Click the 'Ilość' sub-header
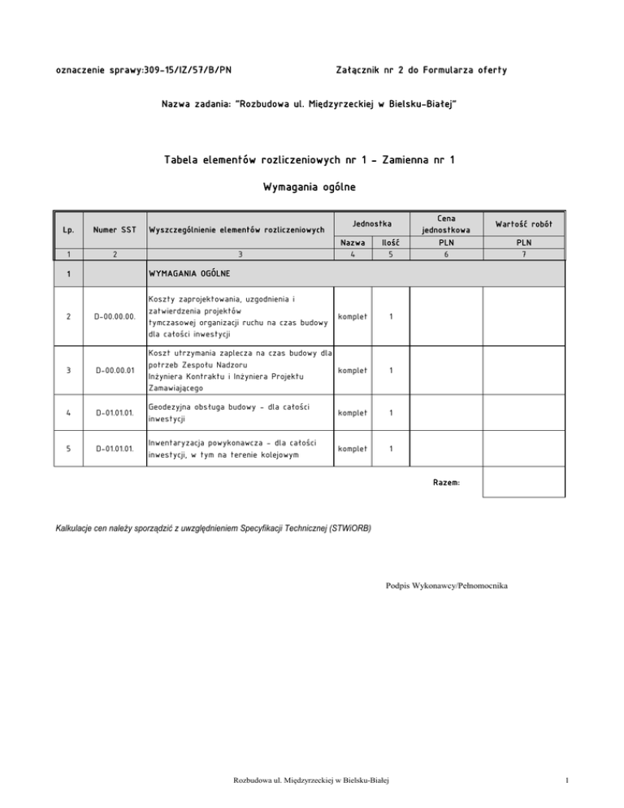pyautogui.click(x=390, y=242)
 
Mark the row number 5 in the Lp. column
pyautogui.click(x=68, y=449)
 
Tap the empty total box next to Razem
pyautogui.click(x=522, y=483)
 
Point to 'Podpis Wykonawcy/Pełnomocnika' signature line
pyautogui.click(x=447, y=584)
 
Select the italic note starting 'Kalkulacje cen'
pyautogui.click(x=213, y=528)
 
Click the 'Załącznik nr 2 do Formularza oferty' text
pyautogui.click(x=421, y=71)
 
